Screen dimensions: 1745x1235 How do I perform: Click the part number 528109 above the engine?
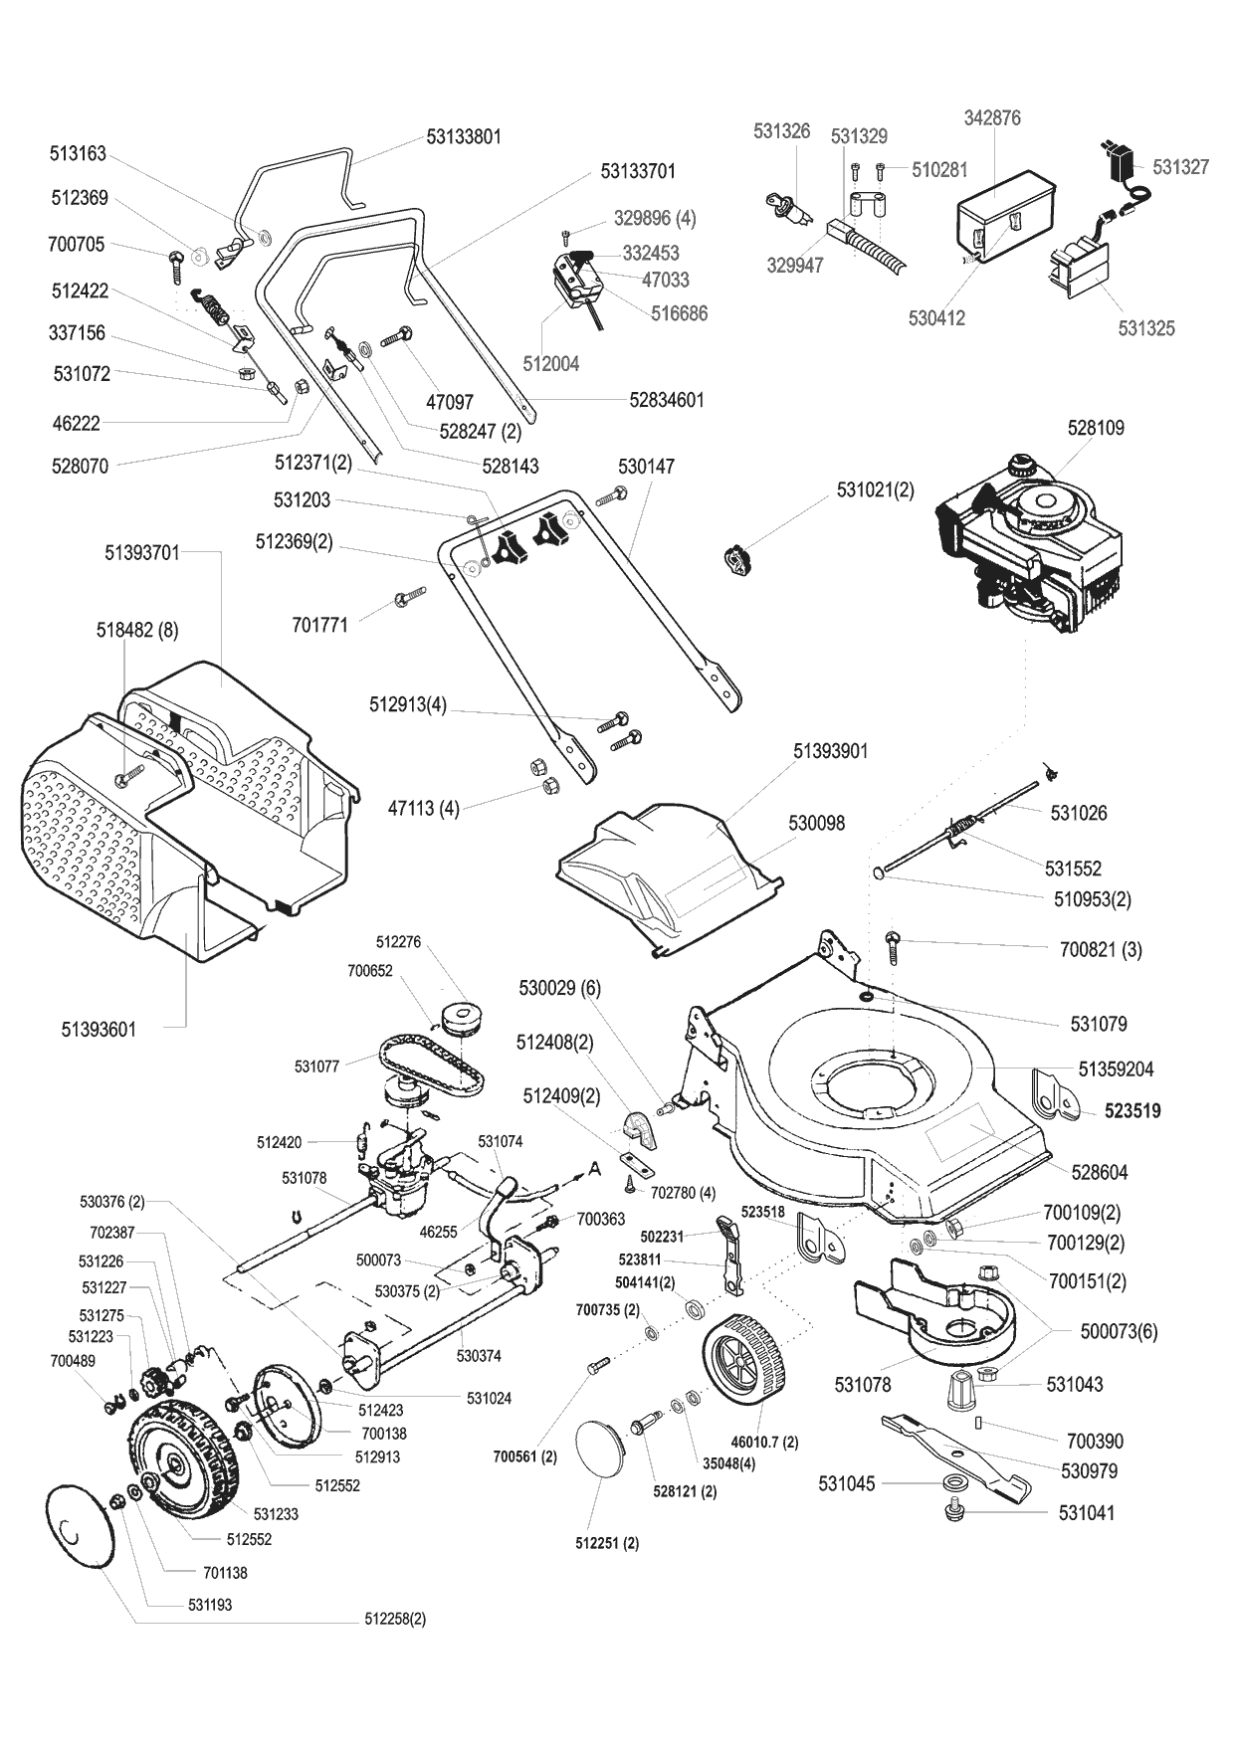tap(1096, 428)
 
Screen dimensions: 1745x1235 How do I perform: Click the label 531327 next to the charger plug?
tap(1181, 167)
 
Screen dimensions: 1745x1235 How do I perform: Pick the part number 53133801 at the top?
tap(464, 137)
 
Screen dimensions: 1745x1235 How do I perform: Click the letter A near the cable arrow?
tap(594, 1170)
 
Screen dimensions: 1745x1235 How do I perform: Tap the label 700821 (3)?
tap(1101, 950)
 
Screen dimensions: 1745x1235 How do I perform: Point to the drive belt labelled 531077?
tap(432, 1066)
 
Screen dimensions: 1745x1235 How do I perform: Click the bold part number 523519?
tap(1132, 1111)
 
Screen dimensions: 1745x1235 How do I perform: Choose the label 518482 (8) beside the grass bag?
tap(137, 631)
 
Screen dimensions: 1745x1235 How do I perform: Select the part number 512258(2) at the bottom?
tap(395, 1619)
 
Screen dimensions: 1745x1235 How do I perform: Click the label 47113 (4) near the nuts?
tap(423, 809)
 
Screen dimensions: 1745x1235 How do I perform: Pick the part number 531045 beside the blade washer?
tap(846, 1484)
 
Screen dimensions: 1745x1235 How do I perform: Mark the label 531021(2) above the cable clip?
tap(875, 489)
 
